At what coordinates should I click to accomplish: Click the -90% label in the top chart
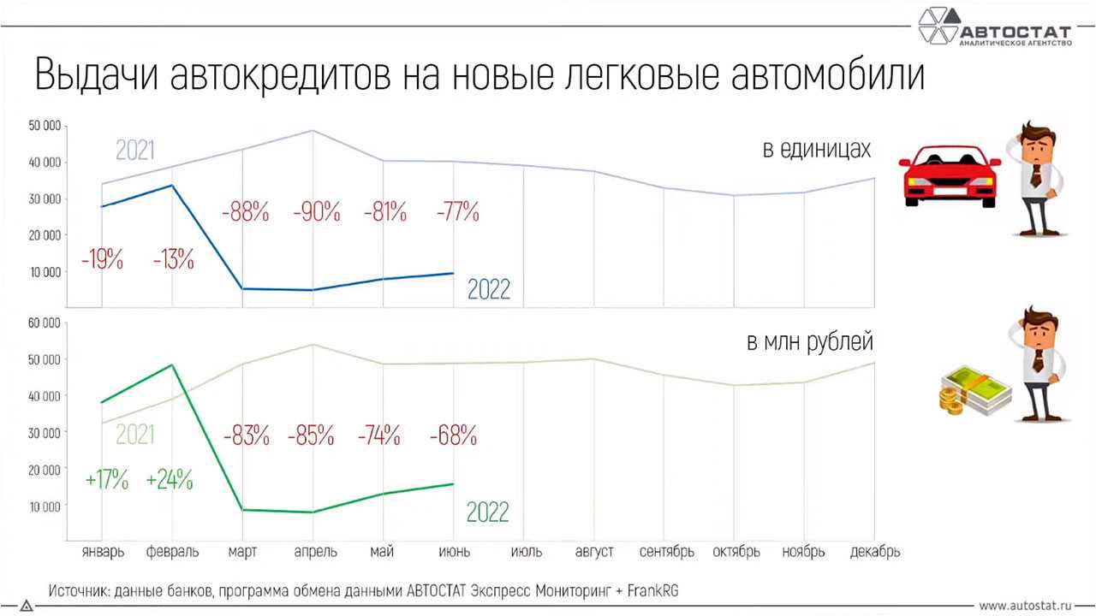316,210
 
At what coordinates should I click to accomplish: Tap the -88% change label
245,210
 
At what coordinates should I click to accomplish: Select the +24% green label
170,480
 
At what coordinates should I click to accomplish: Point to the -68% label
453,435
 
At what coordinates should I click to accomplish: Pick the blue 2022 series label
488,289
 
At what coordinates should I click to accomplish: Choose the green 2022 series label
487,512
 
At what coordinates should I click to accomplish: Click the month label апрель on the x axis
315,552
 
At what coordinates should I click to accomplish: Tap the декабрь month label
874,552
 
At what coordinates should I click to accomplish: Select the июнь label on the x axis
454,552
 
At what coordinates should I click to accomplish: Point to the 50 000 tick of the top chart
44,126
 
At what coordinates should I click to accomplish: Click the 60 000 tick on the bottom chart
44,323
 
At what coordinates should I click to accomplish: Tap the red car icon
949,175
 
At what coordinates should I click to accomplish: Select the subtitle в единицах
817,150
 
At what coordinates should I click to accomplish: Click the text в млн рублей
809,343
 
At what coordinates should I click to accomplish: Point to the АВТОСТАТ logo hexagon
938,25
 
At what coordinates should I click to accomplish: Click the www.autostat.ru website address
1025,605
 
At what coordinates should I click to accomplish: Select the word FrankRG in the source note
652,590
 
